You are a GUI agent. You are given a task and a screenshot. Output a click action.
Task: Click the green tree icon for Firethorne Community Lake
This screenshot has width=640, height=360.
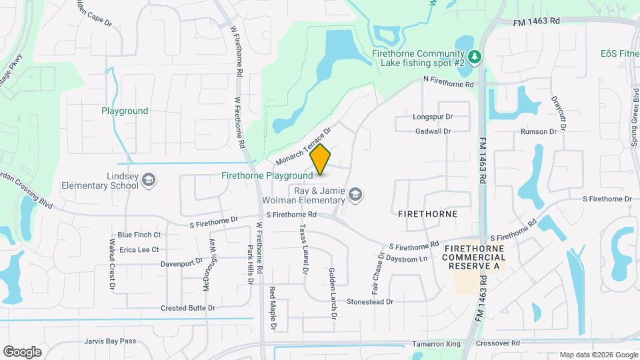pyautogui.click(x=475, y=57)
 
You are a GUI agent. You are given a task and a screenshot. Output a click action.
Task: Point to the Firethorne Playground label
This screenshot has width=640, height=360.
pyautogui.click(x=267, y=176)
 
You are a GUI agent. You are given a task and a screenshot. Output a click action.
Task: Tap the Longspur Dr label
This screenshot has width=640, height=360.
pyautogui.click(x=432, y=116)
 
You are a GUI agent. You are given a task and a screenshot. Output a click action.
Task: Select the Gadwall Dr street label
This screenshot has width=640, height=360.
pyautogui.click(x=432, y=131)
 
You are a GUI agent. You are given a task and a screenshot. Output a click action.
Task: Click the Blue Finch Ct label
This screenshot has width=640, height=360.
pyautogui.click(x=139, y=235)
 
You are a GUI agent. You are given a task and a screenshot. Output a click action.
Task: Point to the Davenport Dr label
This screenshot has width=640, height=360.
pyautogui.click(x=181, y=263)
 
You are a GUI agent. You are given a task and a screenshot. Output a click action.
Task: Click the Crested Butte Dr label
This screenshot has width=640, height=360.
pyautogui.click(x=188, y=308)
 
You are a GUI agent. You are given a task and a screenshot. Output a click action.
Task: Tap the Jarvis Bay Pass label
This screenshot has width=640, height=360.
pyautogui.click(x=110, y=341)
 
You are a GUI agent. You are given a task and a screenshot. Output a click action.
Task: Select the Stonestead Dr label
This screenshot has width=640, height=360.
pyautogui.click(x=370, y=301)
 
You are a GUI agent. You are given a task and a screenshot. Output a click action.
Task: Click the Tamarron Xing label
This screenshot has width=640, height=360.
pyautogui.click(x=436, y=343)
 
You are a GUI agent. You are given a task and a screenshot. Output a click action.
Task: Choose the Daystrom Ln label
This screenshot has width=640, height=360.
pyautogui.click(x=407, y=259)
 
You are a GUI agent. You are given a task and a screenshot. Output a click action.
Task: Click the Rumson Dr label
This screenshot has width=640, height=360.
pyautogui.click(x=539, y=131)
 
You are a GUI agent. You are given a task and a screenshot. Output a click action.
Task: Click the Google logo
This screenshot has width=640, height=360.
pyautogui.click(x=22, y=351)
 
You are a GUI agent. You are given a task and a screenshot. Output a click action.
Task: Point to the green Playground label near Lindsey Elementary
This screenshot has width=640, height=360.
pyautogui.click(x=125, y=111)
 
